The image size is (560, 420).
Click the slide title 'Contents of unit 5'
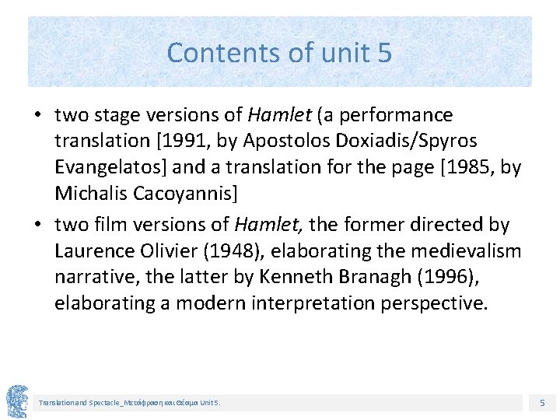point(279,53)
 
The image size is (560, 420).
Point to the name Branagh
point(364,277)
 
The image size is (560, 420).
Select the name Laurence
point(92,251)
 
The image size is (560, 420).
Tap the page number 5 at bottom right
point(543,403)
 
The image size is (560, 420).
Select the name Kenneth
point(299,277)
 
